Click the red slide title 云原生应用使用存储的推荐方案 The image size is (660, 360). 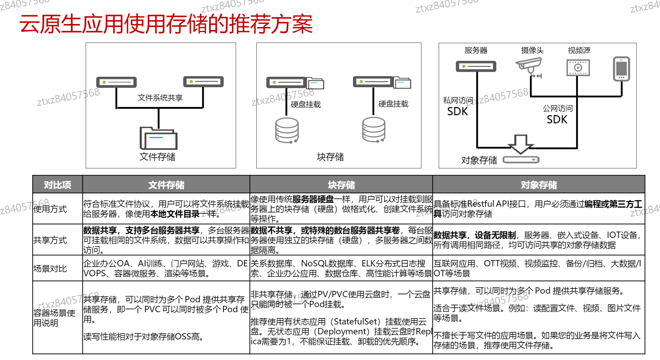point(166,24)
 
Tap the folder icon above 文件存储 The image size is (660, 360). point(158,138)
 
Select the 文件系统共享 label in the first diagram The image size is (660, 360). point(160,98)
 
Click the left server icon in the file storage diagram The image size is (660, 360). point(116,82)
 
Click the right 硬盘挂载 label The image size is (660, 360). point(393,104)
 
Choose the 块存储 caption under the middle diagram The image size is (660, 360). point(330,157)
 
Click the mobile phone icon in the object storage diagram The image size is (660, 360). point(621,69)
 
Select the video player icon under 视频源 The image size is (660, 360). point(578,68)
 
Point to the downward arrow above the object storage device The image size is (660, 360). point(521,144)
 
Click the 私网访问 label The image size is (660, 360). point(458,100)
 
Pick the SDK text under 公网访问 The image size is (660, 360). point(557,119)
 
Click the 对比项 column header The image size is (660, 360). point(57,185)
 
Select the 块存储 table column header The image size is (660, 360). point(341,185)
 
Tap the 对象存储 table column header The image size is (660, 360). point(539,185)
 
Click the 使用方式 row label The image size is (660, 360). point(50,209)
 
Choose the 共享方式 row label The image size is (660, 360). point(50,240)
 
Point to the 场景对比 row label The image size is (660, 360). point(50,268)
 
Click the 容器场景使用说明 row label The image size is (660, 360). point(54,318)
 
